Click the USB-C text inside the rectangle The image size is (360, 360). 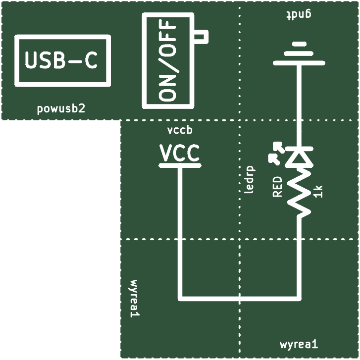[61, 60]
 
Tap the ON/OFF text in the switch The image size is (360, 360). [167, 60]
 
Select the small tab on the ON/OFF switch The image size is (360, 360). [201, 37]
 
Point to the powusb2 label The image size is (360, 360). [61, 108]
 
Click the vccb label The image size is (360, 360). [180, 130]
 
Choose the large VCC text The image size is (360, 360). [180, 153]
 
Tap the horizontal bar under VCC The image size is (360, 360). [180, 165]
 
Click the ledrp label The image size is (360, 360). [250, 180]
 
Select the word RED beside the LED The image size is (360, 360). [277, 187]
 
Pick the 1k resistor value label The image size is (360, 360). [318, 192]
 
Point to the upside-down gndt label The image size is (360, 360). [299, 14]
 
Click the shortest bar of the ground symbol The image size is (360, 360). [299, 44]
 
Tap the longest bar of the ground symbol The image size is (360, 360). [299, 63]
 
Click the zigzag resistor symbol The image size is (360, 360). [299, 193]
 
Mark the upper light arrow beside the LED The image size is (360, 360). [279, 147]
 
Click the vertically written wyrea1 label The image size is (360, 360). [134, 299]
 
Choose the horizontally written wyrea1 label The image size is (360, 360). [299, 344]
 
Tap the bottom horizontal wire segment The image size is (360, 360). [240, 299]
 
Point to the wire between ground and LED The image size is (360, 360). [299, 106]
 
